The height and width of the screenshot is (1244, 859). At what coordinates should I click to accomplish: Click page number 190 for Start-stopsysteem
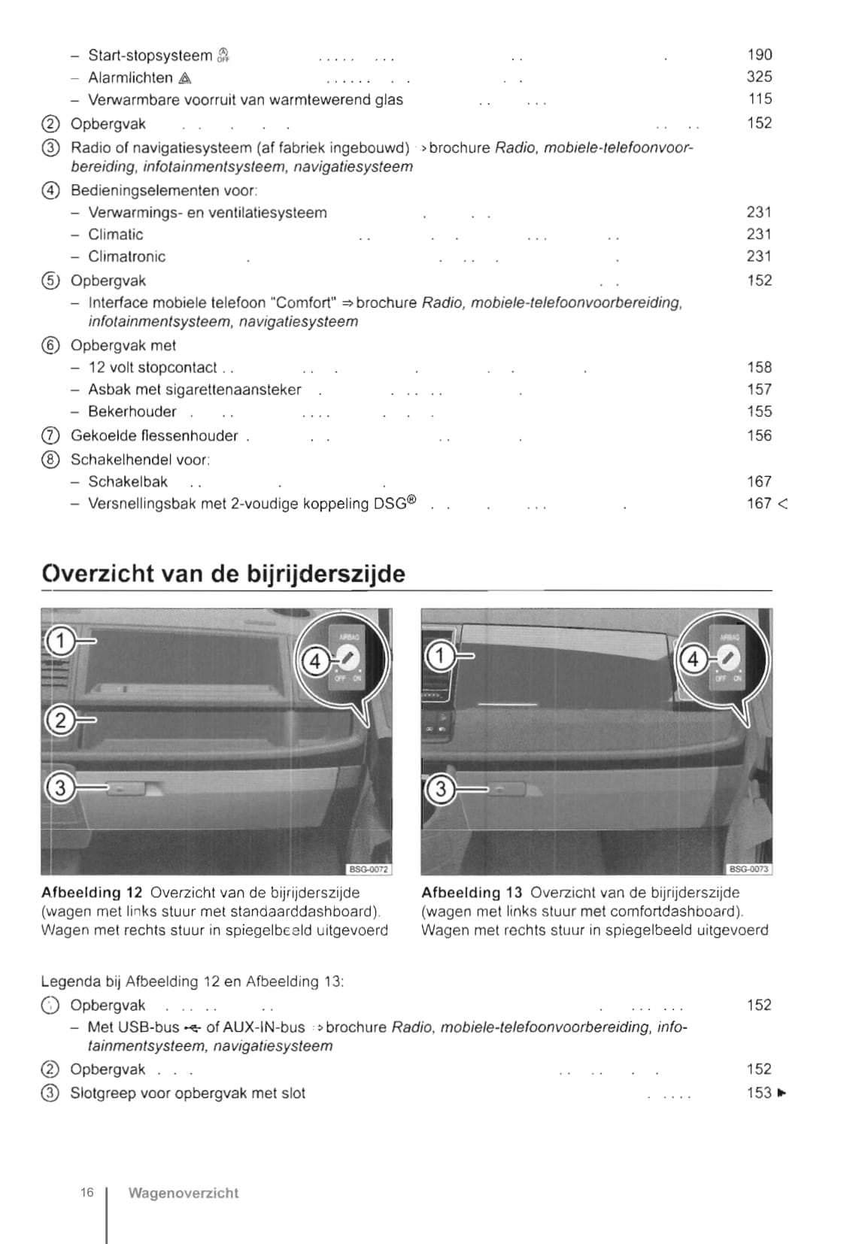click(x=759, y=54)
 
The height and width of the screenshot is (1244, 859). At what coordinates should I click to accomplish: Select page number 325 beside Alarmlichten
click(x=759, y=76)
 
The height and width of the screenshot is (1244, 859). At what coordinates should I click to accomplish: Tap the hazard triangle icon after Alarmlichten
click(x=185, y=78)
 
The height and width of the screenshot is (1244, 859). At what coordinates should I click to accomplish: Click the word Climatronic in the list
click(x=126, y=256)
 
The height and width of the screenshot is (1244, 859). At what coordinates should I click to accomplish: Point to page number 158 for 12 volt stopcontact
click(x=759, y=367)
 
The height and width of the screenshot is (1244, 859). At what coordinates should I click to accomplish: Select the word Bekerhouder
click(x=132, y=411)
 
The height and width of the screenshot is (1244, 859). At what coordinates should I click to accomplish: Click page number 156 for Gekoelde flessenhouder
click(x=759, y=435)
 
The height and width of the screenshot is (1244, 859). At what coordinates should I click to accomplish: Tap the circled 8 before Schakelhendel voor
click(x=50, y=460)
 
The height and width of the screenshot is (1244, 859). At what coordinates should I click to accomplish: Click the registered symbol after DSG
click(x=411, y=500)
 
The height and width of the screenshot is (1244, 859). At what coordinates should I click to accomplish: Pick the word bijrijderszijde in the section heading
click(x=326, y=574)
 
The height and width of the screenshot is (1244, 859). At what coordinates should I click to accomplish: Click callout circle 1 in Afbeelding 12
click(x=61, y=642)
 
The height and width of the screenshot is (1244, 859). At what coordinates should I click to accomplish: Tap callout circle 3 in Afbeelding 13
click(x=441, y=790)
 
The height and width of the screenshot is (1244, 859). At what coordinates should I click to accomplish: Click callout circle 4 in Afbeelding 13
click(x=693, y=660)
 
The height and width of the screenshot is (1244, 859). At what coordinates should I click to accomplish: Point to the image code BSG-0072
click(x=369, y=869)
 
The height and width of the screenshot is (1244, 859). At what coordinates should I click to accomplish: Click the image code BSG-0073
click(x=749, y=869)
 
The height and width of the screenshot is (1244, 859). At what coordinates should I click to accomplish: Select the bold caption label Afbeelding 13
click(x=471, y=893)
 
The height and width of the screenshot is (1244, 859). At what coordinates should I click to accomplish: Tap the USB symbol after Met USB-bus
click(x=193, y=1028)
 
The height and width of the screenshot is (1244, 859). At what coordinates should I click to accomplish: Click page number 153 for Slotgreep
click(x=759, y=1093)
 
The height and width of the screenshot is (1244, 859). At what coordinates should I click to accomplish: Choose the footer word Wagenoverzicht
click(x=183, y=1193)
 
